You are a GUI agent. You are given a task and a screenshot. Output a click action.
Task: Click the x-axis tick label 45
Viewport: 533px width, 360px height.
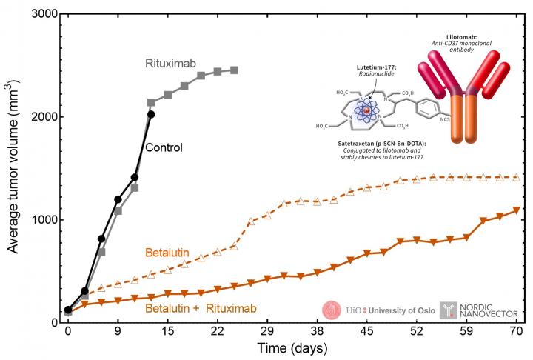click(366, 333)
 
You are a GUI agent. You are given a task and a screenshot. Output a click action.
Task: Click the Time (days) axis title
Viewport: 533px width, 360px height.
click(294, 348)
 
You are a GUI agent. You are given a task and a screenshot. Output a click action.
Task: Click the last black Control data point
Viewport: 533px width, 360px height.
click(151, 114)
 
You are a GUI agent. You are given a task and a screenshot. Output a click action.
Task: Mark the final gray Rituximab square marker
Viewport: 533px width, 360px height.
click(234, 70)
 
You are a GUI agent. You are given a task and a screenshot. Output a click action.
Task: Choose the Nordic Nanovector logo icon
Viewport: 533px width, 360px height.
click(449, 309)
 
